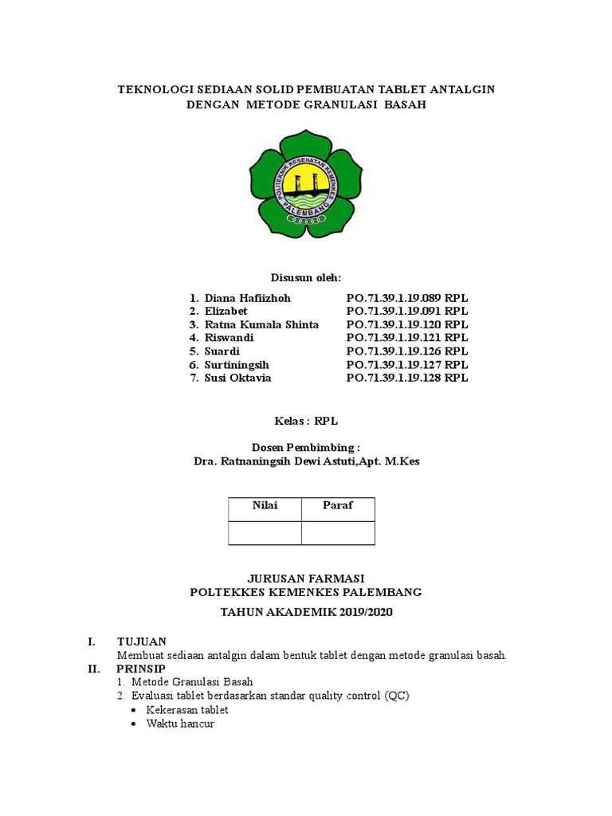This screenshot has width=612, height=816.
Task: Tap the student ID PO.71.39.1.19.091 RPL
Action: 407,311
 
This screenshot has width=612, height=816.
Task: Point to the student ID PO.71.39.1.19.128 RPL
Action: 407,378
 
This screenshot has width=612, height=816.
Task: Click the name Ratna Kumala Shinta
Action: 261,324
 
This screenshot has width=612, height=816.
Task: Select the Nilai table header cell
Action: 265,505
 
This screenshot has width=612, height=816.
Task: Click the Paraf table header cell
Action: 337,505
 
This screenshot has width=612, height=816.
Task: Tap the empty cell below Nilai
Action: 265,532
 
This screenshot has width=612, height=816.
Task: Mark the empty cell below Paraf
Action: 337,532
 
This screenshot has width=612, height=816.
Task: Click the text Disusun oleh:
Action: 306,277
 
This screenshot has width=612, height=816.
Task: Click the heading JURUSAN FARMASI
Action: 306,578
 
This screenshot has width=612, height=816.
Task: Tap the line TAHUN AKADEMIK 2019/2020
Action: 306,612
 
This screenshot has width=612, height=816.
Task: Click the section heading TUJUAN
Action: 142,641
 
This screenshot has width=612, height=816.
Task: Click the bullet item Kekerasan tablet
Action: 186,709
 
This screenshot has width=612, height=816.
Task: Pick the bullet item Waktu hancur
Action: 180,724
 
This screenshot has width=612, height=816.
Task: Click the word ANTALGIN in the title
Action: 465,89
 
